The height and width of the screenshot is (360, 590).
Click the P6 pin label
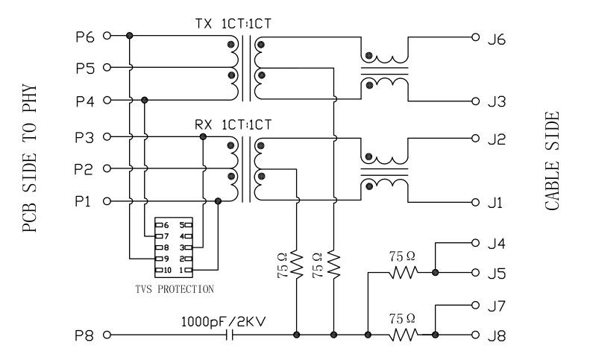tap(84, 36)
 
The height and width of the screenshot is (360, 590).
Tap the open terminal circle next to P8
tap(107, 335)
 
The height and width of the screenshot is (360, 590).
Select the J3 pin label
tap(497, 101)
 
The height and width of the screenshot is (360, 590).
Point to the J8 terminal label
tap(497, 336)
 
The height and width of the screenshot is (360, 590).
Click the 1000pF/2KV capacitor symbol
tap(231, 335)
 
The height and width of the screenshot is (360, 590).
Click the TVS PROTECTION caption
tap(173, 288)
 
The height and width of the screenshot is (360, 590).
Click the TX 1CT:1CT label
tap(233, 24)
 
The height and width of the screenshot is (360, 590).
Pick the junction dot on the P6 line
tap(130, 36)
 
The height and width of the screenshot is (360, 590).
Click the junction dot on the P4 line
tap(145, 100)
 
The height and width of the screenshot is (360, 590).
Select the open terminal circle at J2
tap(474, 138)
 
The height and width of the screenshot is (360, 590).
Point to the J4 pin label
tap(497, 242)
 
